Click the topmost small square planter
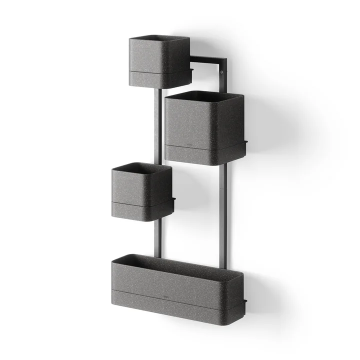(159, 57)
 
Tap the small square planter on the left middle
(141, 185)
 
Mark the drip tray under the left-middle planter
(141, 210)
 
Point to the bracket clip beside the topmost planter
(191, 70)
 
